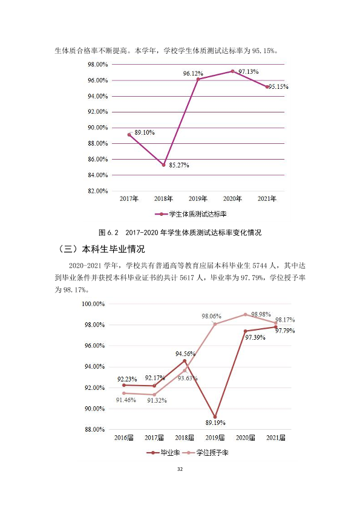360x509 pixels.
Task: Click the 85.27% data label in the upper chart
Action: point(178,165)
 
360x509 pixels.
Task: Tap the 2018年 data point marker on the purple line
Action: point(164,165)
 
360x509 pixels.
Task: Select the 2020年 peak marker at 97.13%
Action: point(232,71)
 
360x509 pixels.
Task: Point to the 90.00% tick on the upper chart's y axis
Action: point(98,128)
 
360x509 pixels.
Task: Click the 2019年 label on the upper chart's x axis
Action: point(198,199)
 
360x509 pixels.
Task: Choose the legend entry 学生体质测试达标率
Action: point(191,214)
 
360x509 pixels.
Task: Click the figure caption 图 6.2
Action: point(108,233)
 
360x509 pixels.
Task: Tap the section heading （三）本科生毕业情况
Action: point(100,249)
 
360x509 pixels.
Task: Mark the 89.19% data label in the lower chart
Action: point(215,423)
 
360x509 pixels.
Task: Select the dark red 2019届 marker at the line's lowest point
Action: point(215,417)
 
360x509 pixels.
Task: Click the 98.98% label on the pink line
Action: point(261,314)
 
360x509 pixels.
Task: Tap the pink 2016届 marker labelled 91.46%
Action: point(124,393)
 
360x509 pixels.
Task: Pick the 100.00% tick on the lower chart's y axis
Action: point(93,304)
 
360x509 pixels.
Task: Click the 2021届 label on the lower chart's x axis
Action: point(276,438)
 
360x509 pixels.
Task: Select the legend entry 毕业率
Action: point(163,453)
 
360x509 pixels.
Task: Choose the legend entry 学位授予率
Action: point(206,453)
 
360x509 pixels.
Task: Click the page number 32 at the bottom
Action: point(180,469)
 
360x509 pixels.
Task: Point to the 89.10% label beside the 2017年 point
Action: point(145,132)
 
